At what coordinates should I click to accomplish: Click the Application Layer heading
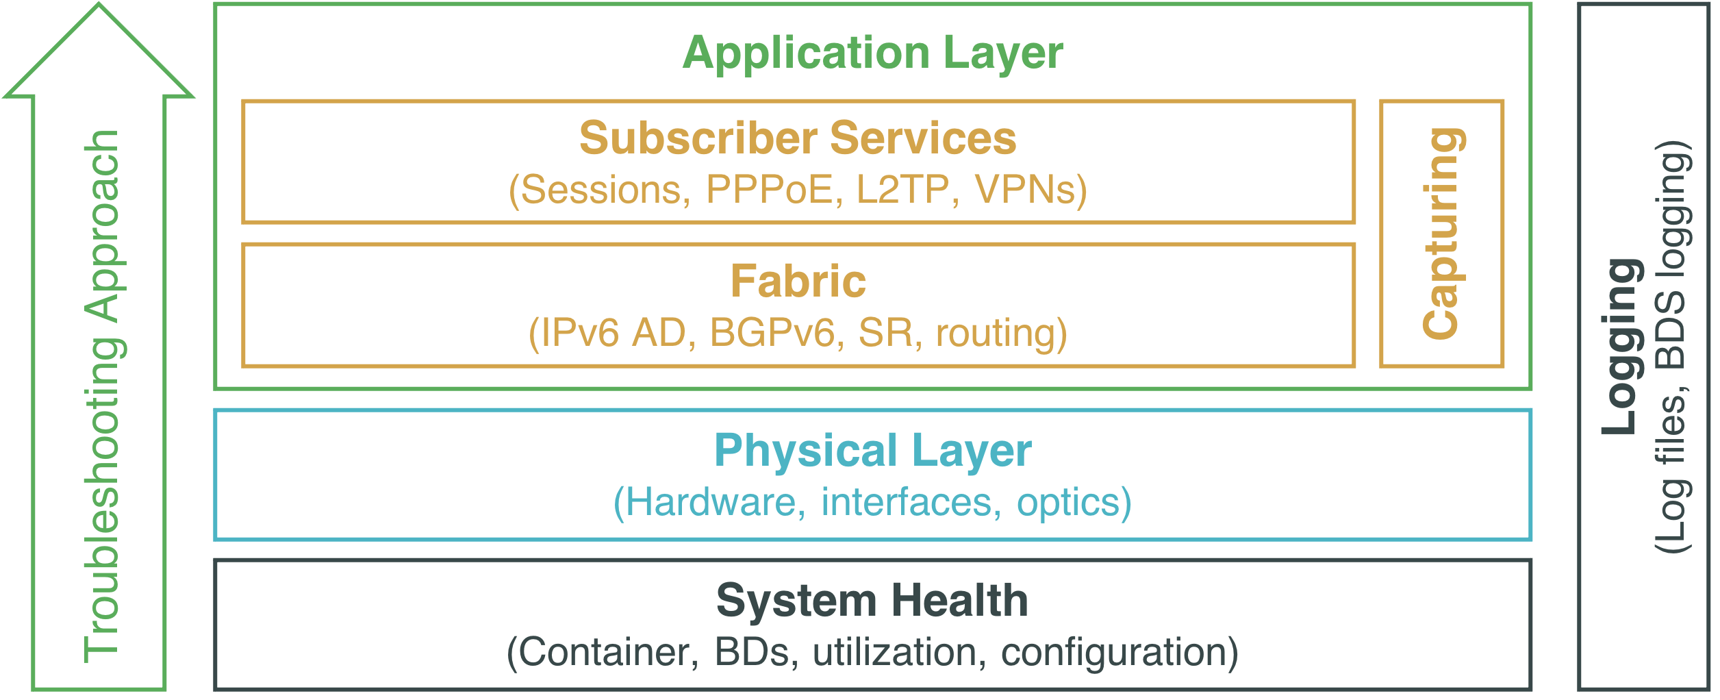pyautogui.click(x=872, y=53)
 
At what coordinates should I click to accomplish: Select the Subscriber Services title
pyautogui.click(x=798, y=138)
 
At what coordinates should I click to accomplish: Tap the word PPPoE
pyautogui.click(x=774, y=190)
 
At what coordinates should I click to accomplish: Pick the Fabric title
pyautogui.click(x=798, y=282)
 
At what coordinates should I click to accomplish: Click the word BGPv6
pyautogui.click(x=772, y=334)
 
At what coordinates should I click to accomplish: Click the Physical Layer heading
pyautogui.click(x=872, y=451)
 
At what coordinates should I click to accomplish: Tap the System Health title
pyautogui.click(x=872, y=601)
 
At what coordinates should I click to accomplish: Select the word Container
pyautogui.click(x=603, y=652)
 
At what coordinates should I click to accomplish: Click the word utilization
pyautogui.click(x=894, y=652)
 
